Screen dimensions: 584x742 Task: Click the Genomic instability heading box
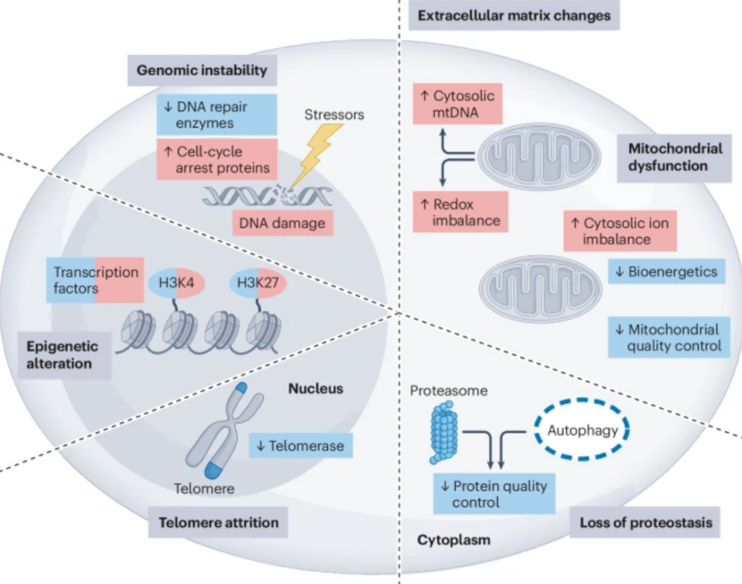click(x=201, y=70)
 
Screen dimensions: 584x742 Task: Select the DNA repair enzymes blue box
click(x=216, y=115)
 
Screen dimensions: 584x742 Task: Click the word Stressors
click(x=334, y=114)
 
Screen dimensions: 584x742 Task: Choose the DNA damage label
click(x=282, y=223)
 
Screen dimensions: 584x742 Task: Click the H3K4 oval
click(x=177, y=283)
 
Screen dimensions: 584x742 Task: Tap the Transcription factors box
click(x=95, y=280)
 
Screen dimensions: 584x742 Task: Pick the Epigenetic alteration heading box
click(x=63, y=354)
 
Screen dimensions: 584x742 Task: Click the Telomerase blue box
click(x=300, y=446)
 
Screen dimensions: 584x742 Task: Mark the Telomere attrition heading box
click(x=218, y=522)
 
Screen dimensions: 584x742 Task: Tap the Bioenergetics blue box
click(x=666, y=271)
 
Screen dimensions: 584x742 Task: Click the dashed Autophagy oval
click(x=582, y=431)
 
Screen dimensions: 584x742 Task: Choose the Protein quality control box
click(x=494, y=494)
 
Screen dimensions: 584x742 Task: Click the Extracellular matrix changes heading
click(x=514, y=15)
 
